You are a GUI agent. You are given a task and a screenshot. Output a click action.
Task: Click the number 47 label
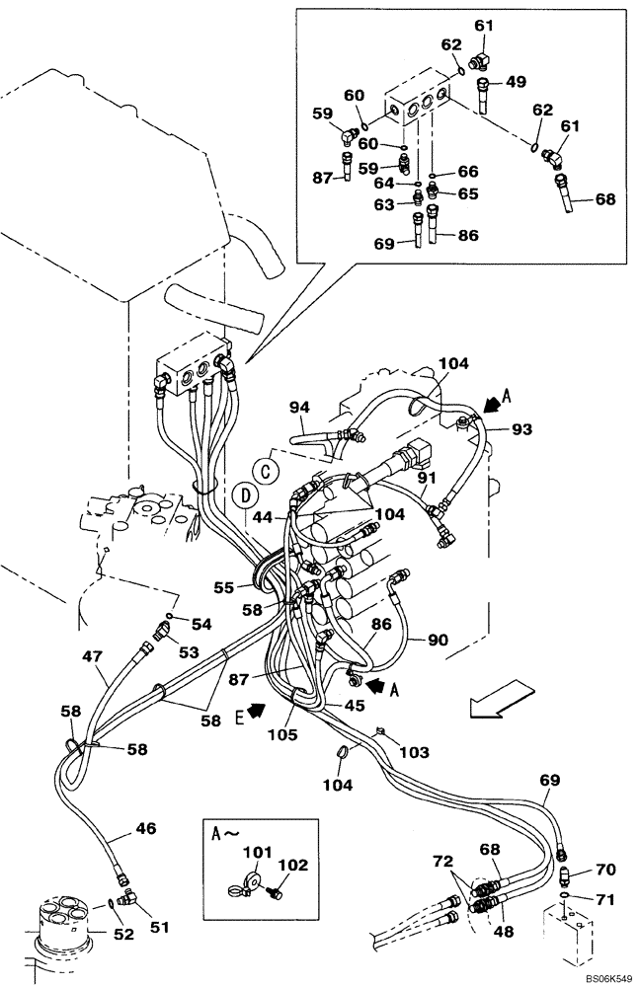click(x=92, y=655)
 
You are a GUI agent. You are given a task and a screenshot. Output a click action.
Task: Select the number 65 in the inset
click(x=467, y=194)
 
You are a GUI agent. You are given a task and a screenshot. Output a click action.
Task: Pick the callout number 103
click(x=415, y=752)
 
